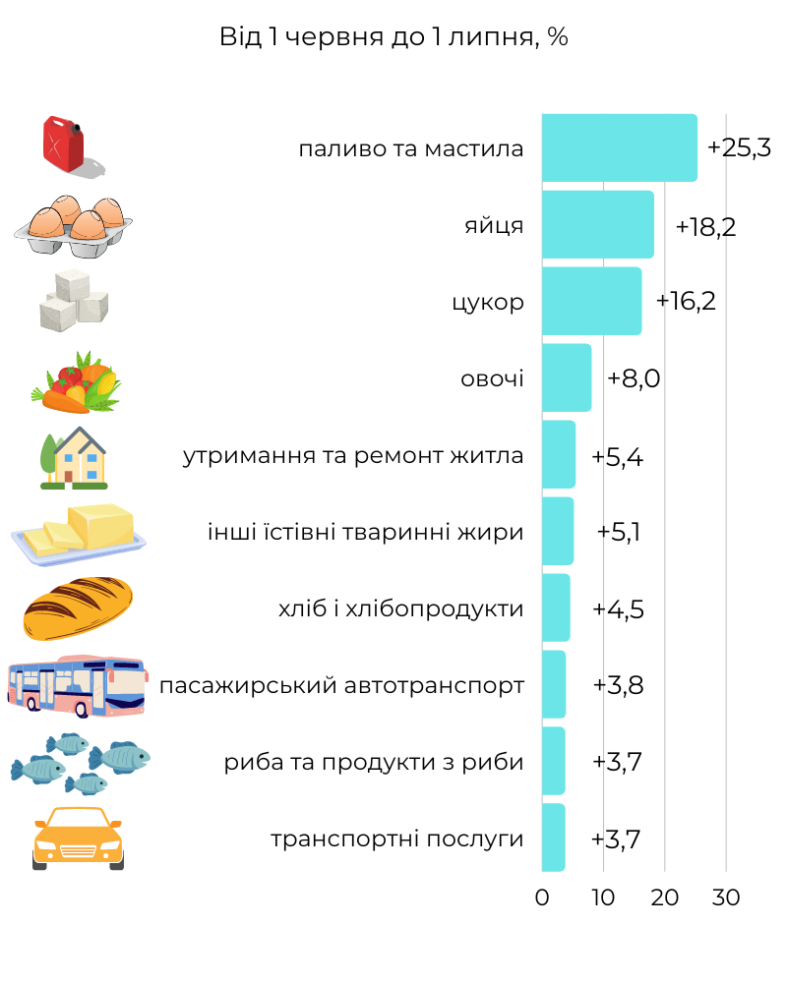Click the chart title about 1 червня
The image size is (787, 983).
tap(393, 37)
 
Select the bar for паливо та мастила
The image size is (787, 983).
tap(619, 148)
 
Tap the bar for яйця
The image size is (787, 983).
tap(597, 225)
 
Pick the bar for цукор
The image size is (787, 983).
tap(591, 302)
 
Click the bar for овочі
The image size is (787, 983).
tap(567, 378)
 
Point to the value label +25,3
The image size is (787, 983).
tap(739, 148)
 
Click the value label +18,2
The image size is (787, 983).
tap(705, 227)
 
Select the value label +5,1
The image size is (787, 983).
tap(619, 532)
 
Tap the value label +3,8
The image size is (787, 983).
tap(618, 685)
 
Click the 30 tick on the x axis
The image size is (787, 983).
tap(726, 897)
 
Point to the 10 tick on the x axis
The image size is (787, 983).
tap(603, 897)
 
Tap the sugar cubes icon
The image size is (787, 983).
tap(74, 299)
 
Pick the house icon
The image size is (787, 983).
tap(74, 457)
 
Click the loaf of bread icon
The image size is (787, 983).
tap(77, 608)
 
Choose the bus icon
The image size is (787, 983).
tap(76, 685)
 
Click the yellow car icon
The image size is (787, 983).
tap(78, 838)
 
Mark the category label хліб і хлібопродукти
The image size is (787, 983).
tap(400, 608)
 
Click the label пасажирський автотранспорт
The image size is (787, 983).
tap(341, 685)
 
